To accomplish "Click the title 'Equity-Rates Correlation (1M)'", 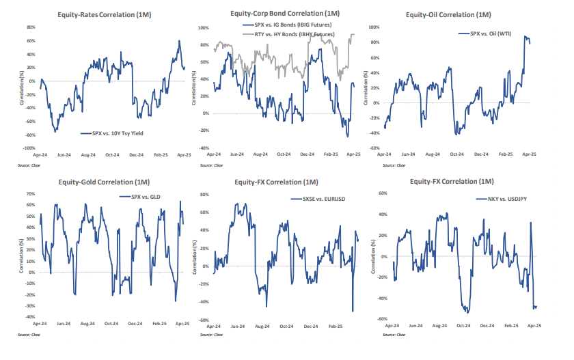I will coord(97,16).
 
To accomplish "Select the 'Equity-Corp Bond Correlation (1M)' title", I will coord(284,14).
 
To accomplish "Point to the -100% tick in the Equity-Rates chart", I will coord(29,148).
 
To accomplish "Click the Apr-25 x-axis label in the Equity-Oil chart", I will coord(530,156).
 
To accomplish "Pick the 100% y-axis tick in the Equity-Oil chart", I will coord(373,27).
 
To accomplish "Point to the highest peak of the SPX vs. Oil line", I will coord(525,36).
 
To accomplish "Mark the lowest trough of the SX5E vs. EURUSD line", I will coord(353,311).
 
